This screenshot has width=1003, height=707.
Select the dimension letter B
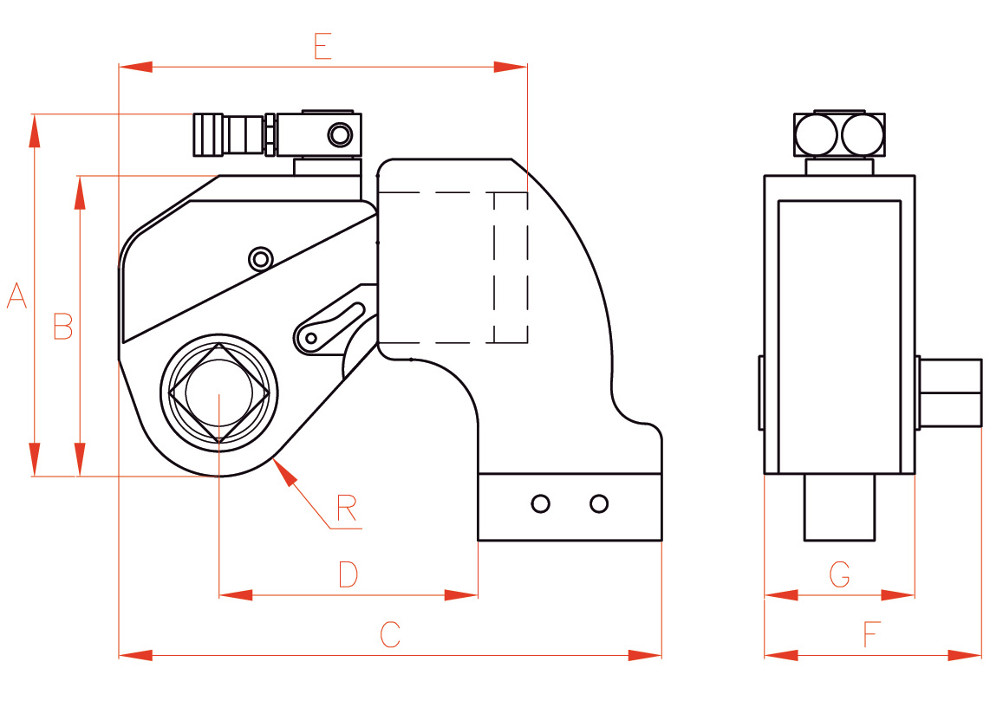click(x=62, y=326)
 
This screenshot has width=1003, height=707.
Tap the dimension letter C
click(x=390, y=634)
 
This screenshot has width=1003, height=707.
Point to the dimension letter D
click(x=348, y=574)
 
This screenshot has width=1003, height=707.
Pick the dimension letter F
click(x=871, y=636)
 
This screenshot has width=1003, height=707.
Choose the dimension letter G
click(x=839, y=574)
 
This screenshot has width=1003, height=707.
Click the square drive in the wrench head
click(x=219, y=393)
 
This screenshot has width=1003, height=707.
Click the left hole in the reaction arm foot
click(x=541, y=503)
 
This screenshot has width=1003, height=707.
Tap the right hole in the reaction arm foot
click(x=598, y=503)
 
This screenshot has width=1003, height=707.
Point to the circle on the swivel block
click(x=339, y=134)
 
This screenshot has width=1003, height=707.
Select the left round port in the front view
click(x=817, y=134)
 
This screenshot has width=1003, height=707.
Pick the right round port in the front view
click(x=863, y=134)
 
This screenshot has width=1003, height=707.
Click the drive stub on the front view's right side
click(x=949, y=393)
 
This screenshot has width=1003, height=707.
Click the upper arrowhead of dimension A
click(x=35, y=130)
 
